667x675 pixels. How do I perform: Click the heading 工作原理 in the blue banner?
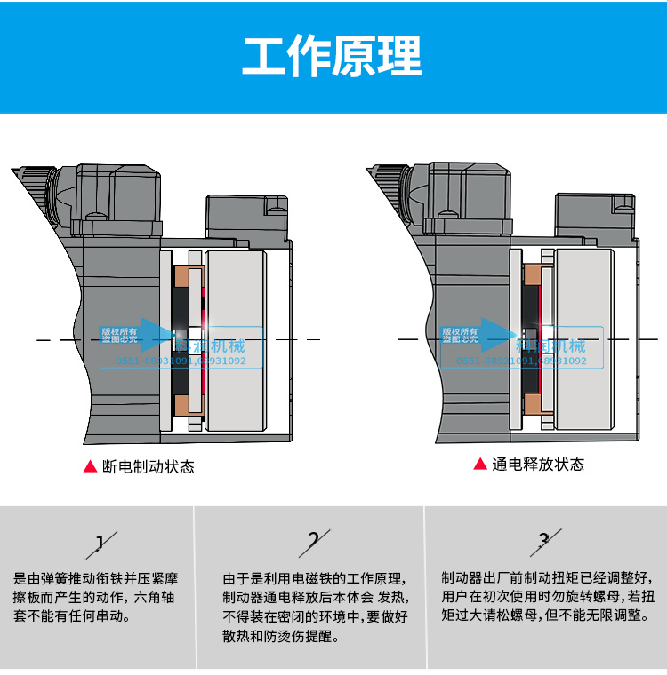[333, 57]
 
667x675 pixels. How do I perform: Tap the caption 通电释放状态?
[538, 465]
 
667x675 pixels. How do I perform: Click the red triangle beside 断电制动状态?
[90, 466]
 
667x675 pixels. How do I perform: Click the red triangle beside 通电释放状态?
[480, 465]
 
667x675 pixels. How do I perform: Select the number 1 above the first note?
[100, 542]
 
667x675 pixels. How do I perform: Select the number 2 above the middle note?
[313, 540]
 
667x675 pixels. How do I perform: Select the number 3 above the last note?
[544, 539]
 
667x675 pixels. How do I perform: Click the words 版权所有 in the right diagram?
[460, 330]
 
